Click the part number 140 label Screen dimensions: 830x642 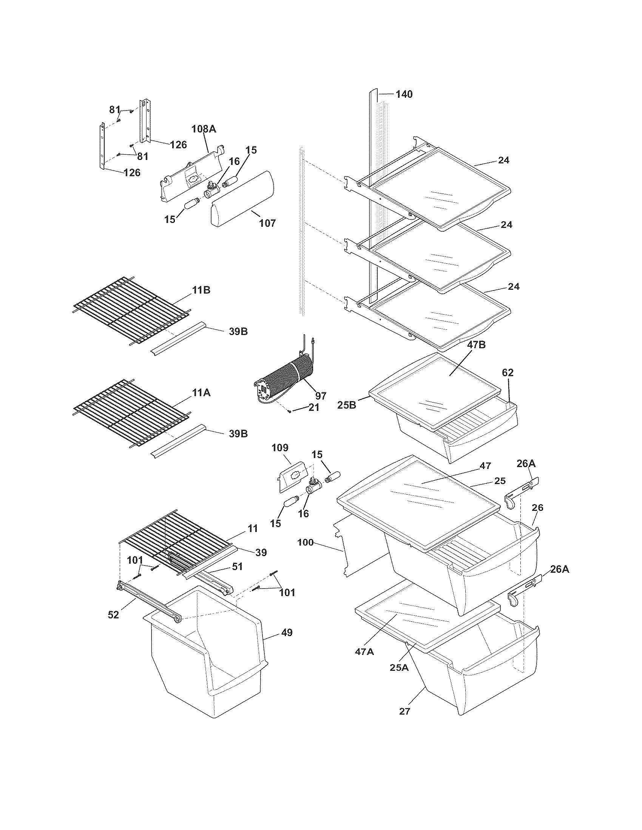pyautogui.click(x=404, y=94)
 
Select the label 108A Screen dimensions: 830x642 pyautogui.click(x=204, y=129)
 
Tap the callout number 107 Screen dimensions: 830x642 pyautogui.click(x=267, y=223)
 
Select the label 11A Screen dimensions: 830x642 pyautogui.click(x=201, y=393)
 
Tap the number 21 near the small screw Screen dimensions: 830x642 pyautogui.click(x=314, y=407)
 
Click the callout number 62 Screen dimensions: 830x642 pyautogui.click(x=507, y=373)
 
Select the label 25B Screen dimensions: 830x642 pyautogui.click(x=347, y=406)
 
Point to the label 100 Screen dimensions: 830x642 pyautogui.click(x=306, y=542)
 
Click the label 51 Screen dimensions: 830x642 pyautogui.click(x=237, y=577)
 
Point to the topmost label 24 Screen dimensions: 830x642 pyautogui.click(x=503, y=160)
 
